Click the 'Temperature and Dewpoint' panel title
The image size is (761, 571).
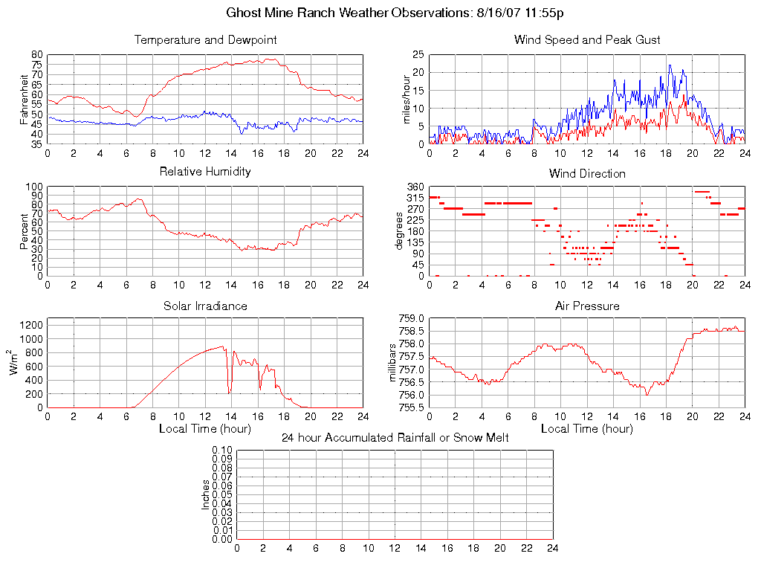point(205,39)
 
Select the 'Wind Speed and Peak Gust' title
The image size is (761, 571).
point(587,39)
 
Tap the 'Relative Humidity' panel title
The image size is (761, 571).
point(205,172)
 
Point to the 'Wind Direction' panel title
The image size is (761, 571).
point(587,173)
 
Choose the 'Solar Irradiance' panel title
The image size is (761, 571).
point(205,306)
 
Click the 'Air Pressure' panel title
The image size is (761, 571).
point(587,306)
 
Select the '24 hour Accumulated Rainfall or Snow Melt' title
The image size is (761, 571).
point(395,437)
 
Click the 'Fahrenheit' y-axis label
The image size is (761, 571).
point(24,99)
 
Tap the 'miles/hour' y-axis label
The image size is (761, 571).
point(407,99)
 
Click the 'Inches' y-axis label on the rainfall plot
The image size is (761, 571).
point(206,494)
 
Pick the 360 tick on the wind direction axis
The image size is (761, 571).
point(415,187)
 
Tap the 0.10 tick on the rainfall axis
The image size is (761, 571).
point(222,450)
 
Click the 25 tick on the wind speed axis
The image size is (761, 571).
point(418,54)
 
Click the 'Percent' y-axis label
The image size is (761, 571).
point(24,231)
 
